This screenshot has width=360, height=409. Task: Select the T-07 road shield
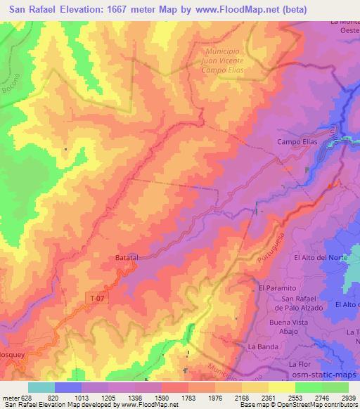click(99, 298)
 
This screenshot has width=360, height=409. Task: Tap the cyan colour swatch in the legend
click(41, 387)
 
